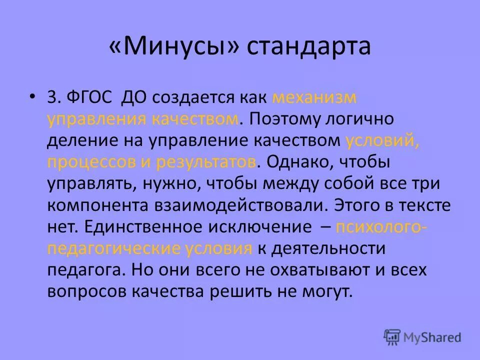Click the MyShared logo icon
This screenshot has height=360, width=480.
(392, 336)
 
